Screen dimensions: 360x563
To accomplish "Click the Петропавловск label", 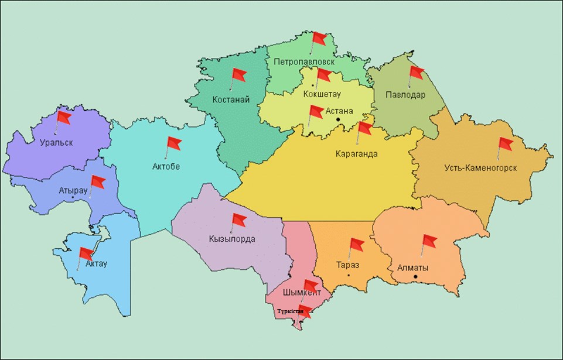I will (x=303, y=61).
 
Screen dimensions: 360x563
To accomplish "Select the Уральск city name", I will (x=57, y=142).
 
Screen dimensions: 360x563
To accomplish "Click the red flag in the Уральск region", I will (x=63, y=118).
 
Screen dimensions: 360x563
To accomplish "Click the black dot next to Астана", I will (x=338, y=120).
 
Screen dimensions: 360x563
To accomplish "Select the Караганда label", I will (x=356, y=155).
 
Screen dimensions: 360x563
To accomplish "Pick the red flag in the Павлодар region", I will (x=416, y=73).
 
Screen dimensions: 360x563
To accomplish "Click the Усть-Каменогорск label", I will (x=480, y=168).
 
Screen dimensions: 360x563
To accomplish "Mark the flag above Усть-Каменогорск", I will (x=504, y=145).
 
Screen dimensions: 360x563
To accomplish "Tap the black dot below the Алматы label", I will (x=415, y=276).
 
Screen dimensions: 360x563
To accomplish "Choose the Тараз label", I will (x=348, y=264).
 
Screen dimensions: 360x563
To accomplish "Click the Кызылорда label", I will (x=231, y=239).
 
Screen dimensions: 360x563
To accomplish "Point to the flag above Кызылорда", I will (x=238, y=221).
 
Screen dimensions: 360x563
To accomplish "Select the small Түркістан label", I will (x=290, y=311).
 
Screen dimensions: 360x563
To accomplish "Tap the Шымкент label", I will (x=302, y=293).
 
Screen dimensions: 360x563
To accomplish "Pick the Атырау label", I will (x=73, y=191).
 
